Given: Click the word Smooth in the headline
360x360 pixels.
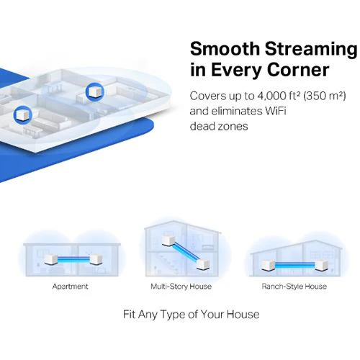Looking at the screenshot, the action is coord(225,49).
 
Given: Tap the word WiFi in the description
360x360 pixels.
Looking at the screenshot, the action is coord(276,111).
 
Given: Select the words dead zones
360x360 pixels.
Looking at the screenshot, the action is coord(219,126).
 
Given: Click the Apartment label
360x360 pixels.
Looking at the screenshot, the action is coord(70,287).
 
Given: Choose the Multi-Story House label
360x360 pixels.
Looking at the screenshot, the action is coord(181,287).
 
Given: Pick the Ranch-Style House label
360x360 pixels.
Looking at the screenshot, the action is coord(294,287).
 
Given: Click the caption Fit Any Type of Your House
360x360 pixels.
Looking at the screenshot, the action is coord(191,315).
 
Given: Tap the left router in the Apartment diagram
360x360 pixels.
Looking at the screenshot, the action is coord(51,260).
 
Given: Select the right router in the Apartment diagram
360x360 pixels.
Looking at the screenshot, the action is coord(96,259).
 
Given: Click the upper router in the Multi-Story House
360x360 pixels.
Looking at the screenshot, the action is coord(168,240).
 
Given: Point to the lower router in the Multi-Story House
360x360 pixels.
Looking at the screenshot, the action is coord(203,264).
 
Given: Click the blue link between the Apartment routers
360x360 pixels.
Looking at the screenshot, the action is coord(73,259).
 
